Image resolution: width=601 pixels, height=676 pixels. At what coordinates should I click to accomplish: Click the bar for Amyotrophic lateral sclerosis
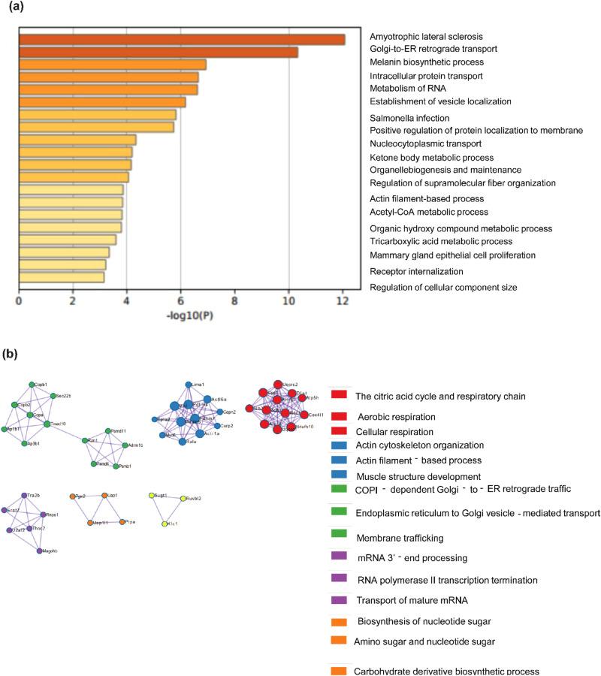pos(181,39)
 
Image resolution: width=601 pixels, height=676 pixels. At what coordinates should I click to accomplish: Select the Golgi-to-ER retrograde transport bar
pos(158,52)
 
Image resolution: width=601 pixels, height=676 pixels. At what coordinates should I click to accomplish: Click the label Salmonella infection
pos(409,118)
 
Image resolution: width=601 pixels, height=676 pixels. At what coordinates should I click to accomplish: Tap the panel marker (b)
pos(12,353)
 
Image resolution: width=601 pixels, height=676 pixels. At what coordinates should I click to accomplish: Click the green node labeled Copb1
pos(32,385)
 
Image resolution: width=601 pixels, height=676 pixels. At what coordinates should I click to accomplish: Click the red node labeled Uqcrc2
pos(278,384)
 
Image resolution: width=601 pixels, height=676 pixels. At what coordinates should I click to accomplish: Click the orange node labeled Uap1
pos(104,496)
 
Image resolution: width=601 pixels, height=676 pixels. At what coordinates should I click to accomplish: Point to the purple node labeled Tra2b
pos(24,496)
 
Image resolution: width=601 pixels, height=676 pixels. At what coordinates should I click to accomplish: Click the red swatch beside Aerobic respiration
pos(339,416)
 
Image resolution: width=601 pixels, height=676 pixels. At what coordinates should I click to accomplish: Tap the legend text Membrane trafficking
pos(399,537)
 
